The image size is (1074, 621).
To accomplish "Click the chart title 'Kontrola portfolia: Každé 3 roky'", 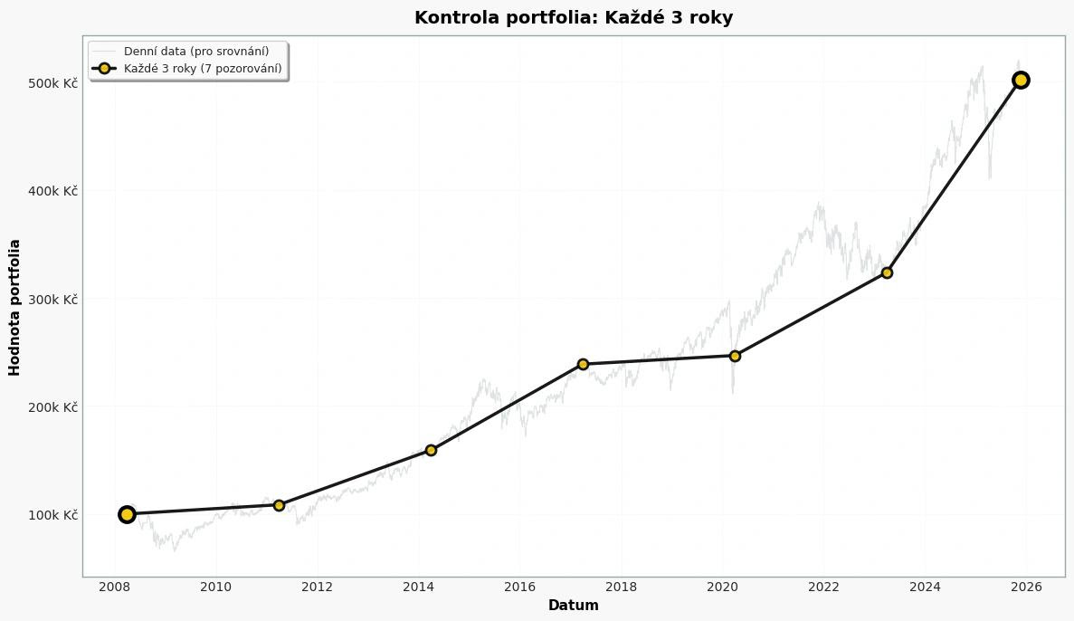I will (573, 17).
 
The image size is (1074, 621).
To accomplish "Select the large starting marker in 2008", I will (127, 514).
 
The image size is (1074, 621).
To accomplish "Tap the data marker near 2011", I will (279, 505).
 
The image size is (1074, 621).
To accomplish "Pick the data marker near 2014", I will (431, 450).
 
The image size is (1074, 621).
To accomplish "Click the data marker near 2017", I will (583, 364).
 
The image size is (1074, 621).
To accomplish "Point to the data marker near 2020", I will (735, 356).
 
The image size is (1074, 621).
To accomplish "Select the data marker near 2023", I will (887, 272).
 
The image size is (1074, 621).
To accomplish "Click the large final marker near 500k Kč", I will (1021, 80).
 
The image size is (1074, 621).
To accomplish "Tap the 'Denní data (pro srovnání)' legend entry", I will (196, 52).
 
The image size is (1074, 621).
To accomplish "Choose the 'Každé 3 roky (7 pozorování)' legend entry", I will (203, 69).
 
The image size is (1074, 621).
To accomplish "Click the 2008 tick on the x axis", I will (115, 587).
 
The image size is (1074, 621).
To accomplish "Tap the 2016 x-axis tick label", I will (519, 587).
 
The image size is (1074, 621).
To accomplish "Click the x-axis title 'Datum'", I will (573, 606).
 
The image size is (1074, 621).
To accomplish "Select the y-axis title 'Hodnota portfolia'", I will (14, 307).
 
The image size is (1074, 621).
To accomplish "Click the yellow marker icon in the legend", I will (104, 69).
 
